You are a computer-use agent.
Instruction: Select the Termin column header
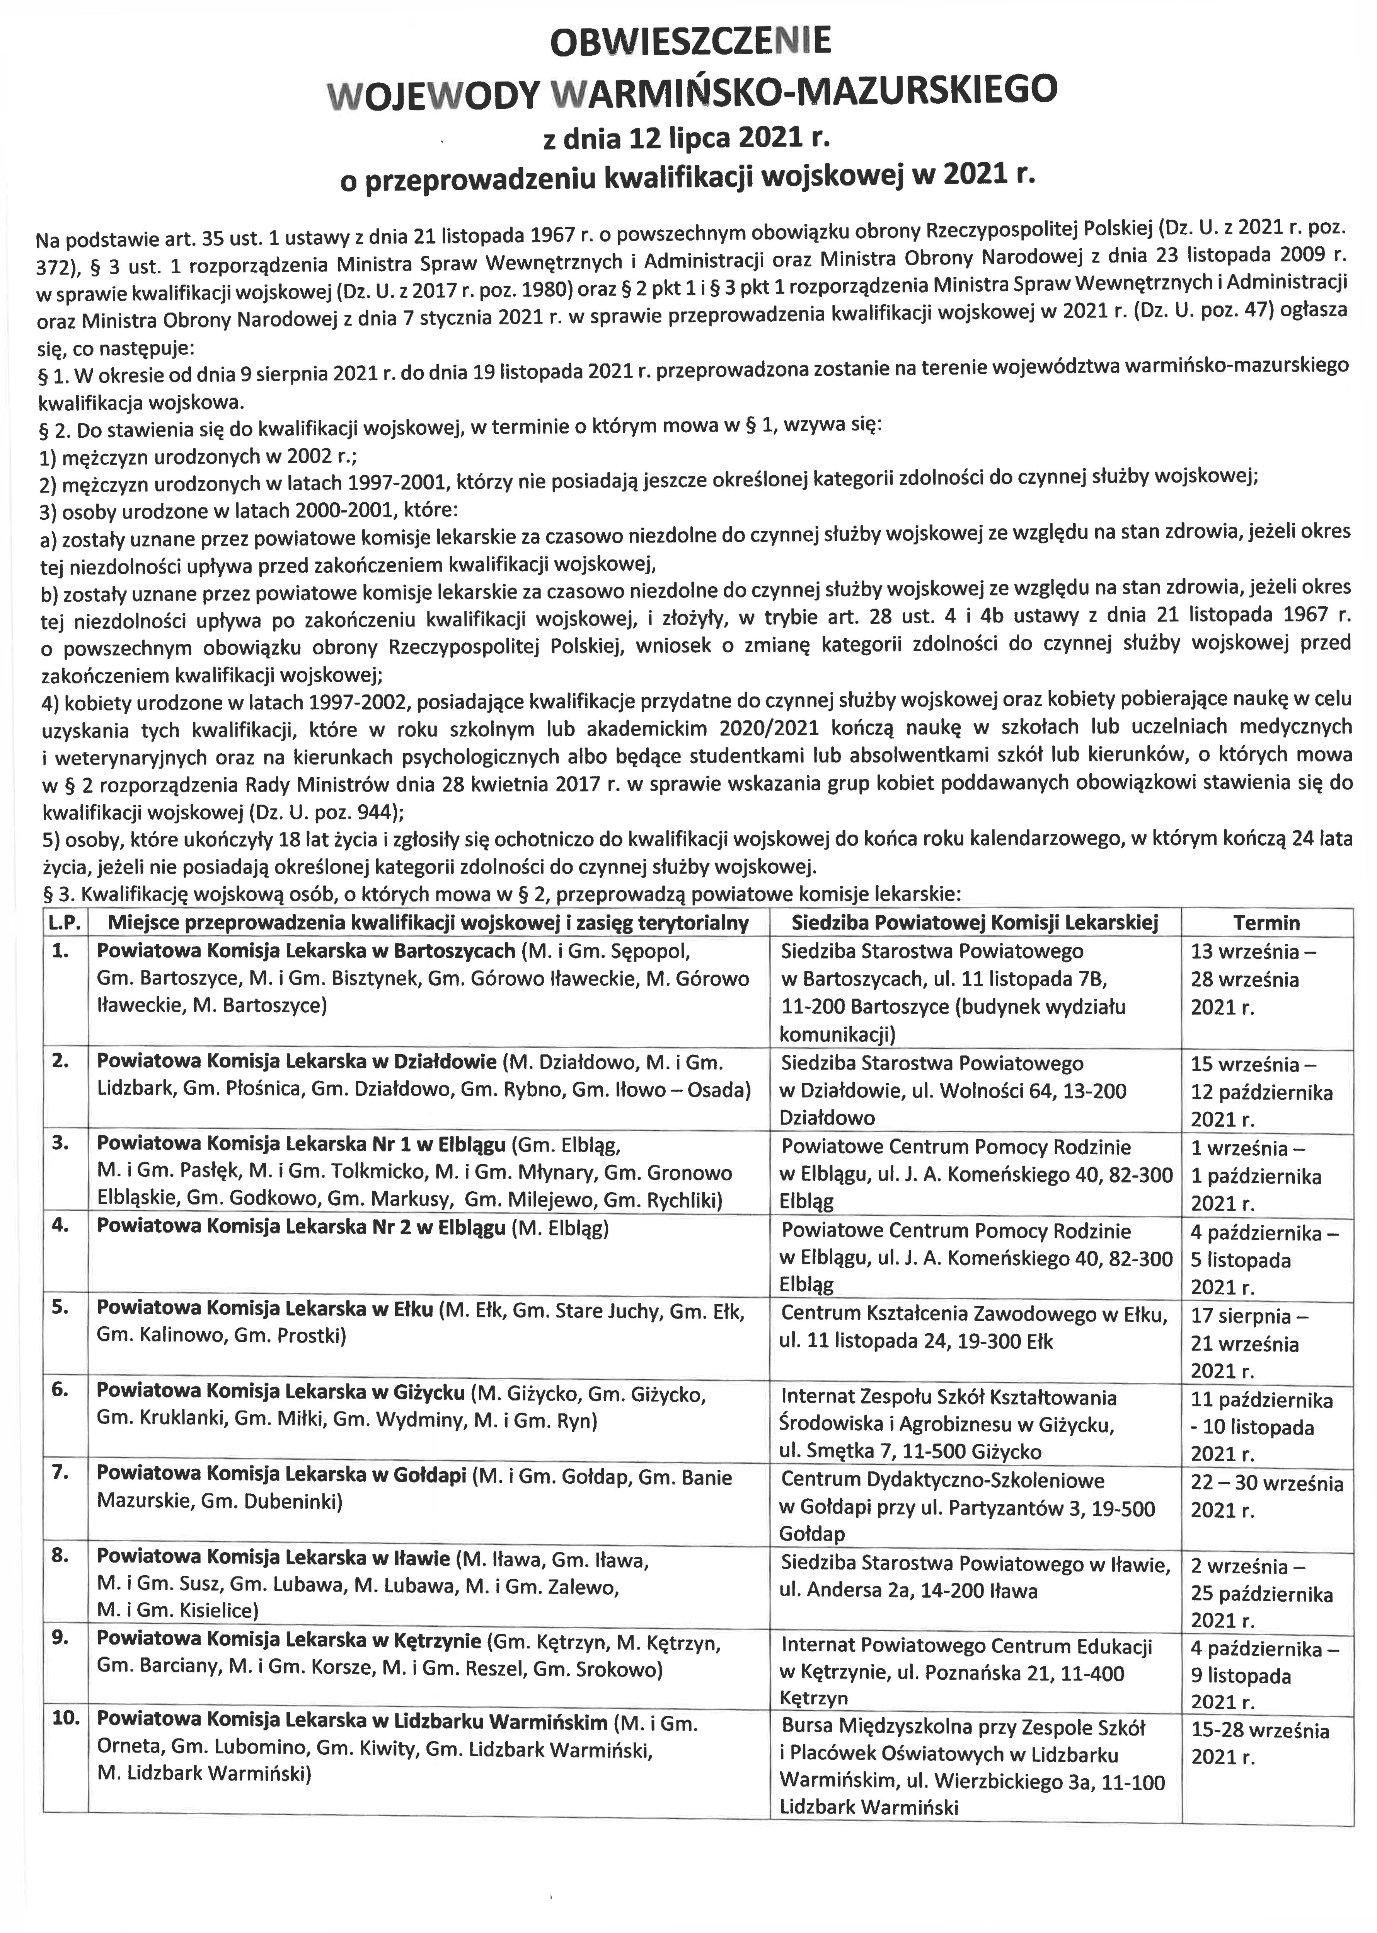pos(1267,923)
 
